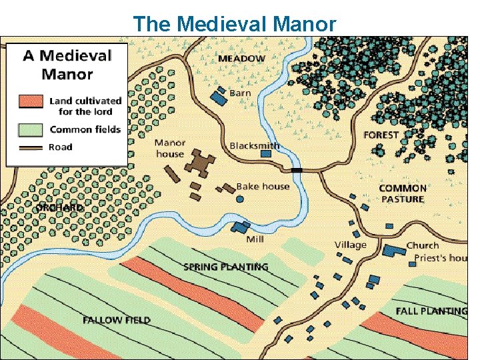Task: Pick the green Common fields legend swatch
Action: (31, 128)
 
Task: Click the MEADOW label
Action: (241, 59)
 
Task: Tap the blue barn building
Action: (218, 97)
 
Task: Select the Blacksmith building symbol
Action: (266, 153)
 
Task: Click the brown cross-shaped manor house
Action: (197, 161)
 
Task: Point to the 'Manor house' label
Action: (170, 148)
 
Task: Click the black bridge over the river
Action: (297, 171)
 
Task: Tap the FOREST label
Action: (381, 135)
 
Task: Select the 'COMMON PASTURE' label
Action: (402, 193)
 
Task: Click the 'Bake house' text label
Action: (263, 186)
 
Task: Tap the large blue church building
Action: (395, 249)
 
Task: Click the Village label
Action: (350, 245)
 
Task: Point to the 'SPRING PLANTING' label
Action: (225, 267)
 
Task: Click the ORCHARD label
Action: (59, 207)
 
